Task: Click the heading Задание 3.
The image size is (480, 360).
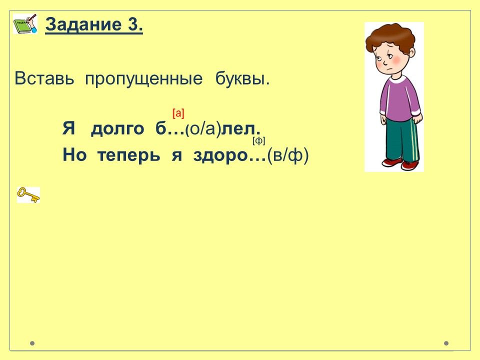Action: tap(94, 24)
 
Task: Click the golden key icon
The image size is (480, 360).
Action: tap(28, 195)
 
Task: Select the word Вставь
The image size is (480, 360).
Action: tap(44, 78)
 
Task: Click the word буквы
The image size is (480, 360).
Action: tap(242, 79)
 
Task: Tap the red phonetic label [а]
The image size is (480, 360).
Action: tap(178, 113)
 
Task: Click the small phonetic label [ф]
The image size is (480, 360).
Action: tap(258, 141)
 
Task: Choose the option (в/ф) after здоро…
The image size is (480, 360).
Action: tap(288, 155)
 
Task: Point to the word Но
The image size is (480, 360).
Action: tap(74, 155)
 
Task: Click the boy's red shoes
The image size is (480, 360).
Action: tap(400, 164)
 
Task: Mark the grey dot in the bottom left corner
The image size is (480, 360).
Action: tap(32, 343)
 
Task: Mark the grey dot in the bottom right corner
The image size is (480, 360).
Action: tap(446, 343)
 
